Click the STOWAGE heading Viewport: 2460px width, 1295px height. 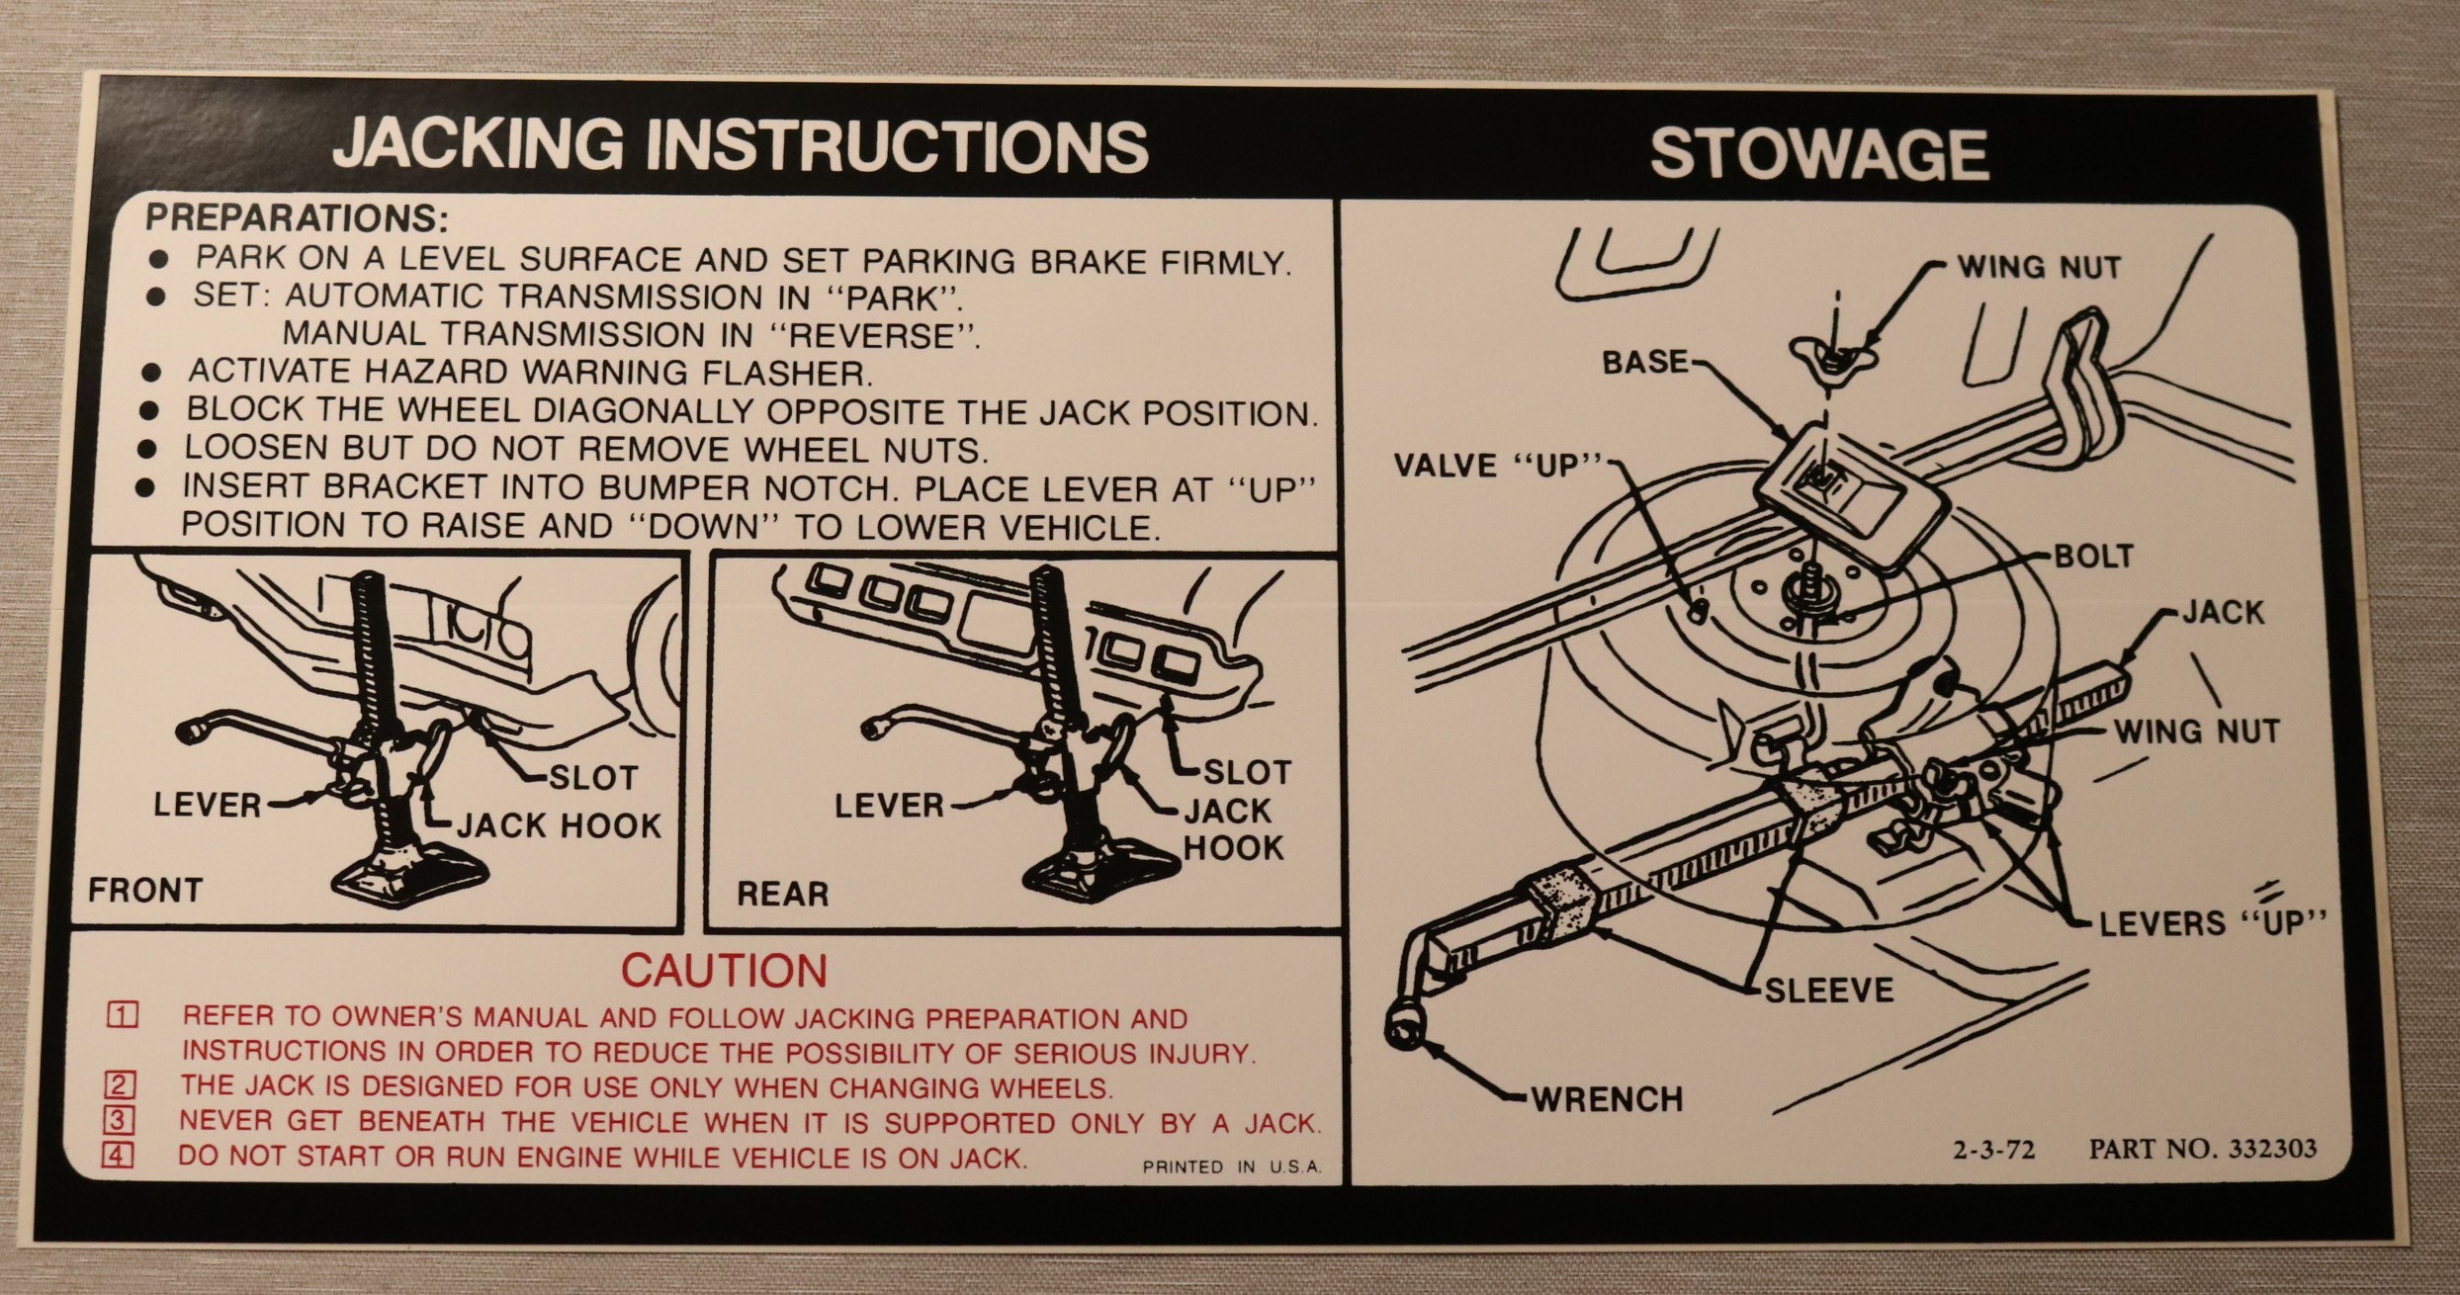[1819, 155]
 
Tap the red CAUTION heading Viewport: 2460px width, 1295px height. [724, 971]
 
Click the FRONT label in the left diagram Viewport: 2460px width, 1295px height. [144, 890]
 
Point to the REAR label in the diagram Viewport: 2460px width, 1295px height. [782, 894]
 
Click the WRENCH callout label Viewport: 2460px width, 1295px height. [1607, 1098]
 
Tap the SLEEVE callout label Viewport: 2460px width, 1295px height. [1828, 990]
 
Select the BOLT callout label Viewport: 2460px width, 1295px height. [2093, 557]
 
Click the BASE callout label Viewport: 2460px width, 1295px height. [1645, 362]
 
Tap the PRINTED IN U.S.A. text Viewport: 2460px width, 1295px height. [1231, 1167]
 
